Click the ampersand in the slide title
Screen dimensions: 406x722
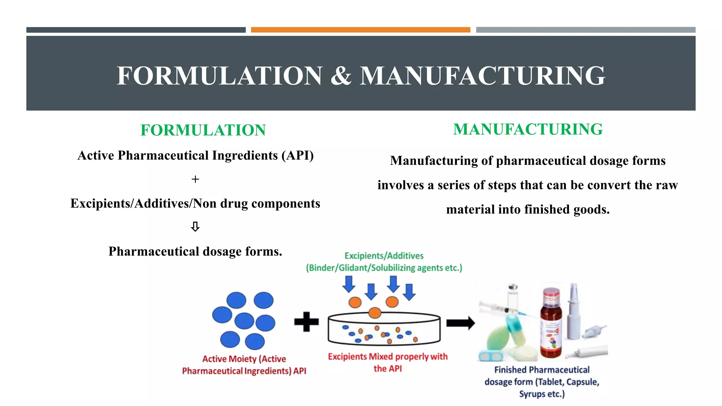[x=341, y=76]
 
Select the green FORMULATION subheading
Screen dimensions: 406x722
[x=203, y=130]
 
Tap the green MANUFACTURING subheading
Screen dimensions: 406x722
[x=528, y=129]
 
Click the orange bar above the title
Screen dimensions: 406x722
[x=360, y=30]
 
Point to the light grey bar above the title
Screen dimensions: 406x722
[x=586, y=30]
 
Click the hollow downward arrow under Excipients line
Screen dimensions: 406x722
[x=195, y=227]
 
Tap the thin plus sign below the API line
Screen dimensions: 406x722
[x=195, y=179]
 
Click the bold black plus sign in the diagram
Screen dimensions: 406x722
[x=306, y=322]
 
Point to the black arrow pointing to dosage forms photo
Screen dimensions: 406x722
[x=460, y=323]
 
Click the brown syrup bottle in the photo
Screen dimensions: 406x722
[x=551, y=322]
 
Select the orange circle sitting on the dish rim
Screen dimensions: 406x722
[x=375, y=313]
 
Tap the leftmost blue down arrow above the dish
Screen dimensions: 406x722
[x=349, y=284]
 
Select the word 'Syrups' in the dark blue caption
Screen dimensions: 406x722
[x=532, y=394]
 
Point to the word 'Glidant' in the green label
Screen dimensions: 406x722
[x=354, y=268]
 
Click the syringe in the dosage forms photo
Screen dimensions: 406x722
[x=502, y=309]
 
